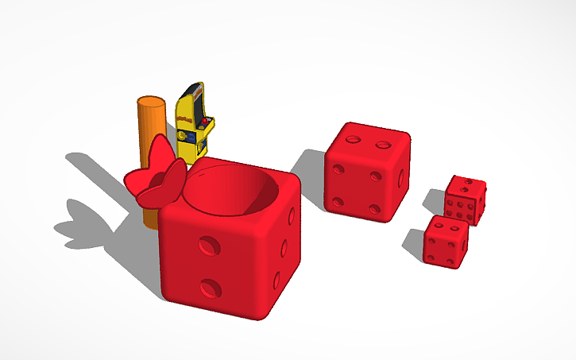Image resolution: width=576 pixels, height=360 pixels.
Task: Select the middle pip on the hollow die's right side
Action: click(286, 246)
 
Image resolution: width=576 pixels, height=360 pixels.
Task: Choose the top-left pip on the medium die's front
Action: click(339, 169)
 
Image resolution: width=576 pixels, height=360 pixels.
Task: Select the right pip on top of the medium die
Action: click(383, 145)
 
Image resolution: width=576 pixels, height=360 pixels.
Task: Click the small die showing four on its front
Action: click(445, 241)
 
